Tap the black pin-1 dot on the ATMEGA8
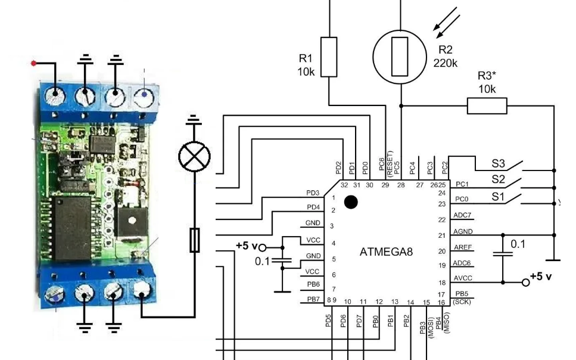(351, 202)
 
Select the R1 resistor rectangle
(329, 57)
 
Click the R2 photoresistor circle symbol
(400, 57)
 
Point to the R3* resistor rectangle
(487, 106)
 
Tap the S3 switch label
(498, 162)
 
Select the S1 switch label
(498, 195)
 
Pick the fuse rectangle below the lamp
(194, 240)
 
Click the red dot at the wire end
(34, 63)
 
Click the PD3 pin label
(313, 193)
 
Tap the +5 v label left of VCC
(247, 246)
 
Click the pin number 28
(401, 185)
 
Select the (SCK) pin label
(463, 302)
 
